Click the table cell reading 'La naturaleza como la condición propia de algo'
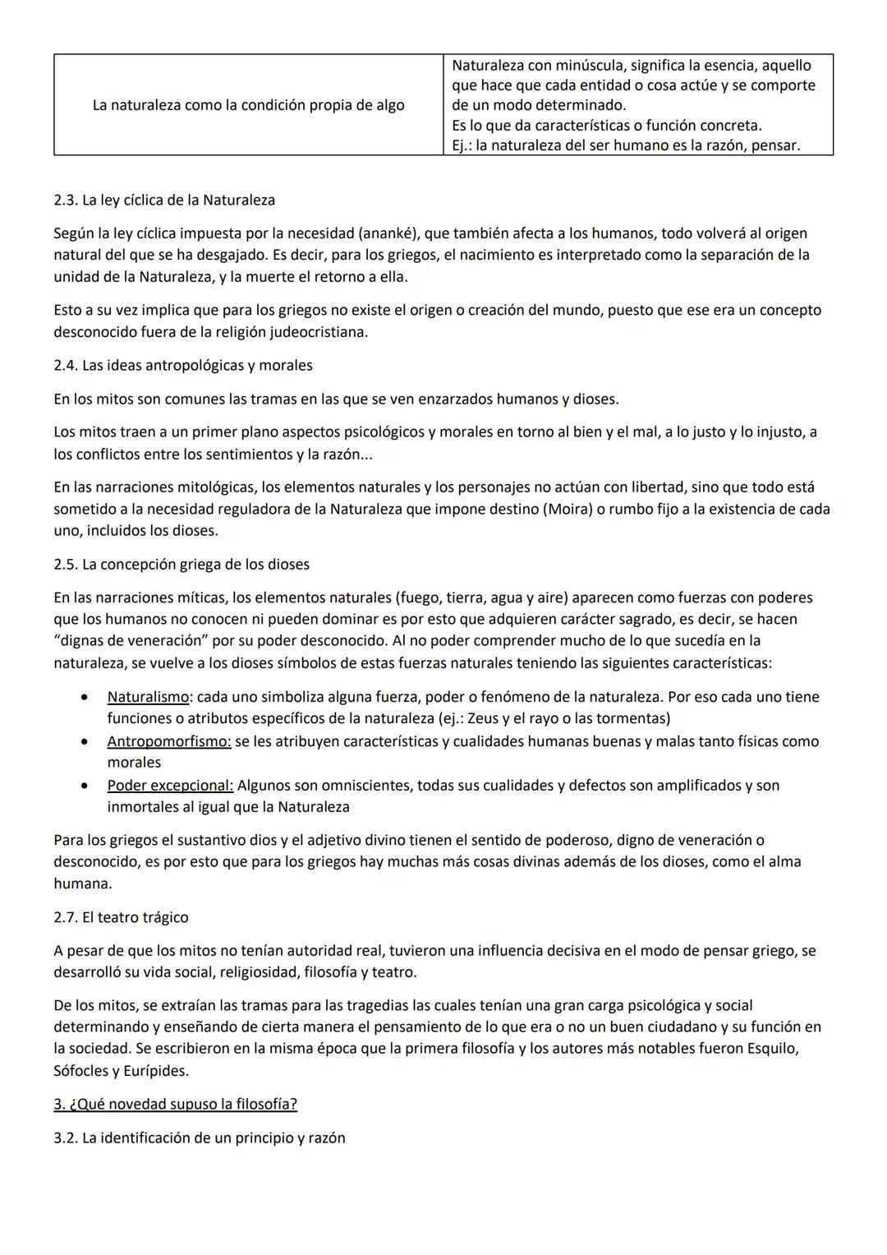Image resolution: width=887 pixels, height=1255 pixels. [x=248, y=105]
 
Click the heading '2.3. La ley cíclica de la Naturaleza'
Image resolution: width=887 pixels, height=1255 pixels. [x=164, y=200]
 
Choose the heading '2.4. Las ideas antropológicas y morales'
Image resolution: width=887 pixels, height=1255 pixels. [x=183, y=365]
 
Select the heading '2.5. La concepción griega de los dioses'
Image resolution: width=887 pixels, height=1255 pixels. [x=182, y=565]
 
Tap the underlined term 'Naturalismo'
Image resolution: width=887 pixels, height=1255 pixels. [x=148, y=697]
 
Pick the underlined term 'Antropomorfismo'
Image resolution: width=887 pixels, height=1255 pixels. [x=168, y=741]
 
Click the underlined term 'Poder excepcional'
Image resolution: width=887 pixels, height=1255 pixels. [x=170, y=785]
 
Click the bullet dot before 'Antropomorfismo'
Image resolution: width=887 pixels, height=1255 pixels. [x=84, y=741]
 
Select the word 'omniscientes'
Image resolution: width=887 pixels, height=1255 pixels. [x=369, y=785]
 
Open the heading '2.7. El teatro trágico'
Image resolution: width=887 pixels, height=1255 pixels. [x=121, y=917]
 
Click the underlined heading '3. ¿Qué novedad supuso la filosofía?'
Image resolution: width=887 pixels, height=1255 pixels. [x=175, y=1104]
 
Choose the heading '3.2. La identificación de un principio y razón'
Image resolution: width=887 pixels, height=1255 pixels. [x=200, y=1138]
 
